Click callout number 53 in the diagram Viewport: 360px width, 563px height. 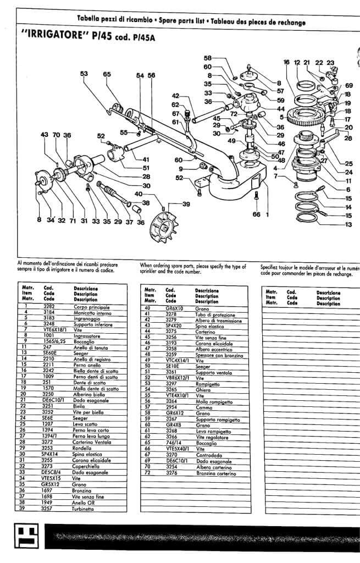(84, 74)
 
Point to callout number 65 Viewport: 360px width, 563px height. (107, 74)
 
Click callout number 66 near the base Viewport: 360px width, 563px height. (256, 214)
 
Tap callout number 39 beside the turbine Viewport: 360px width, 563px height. (186, 205)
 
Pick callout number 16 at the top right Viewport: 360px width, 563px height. (286, 63)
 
